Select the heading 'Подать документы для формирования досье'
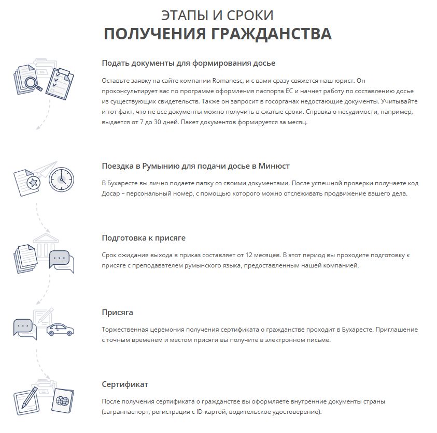189,63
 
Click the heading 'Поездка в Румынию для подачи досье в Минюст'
195,166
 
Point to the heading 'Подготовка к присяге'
144,238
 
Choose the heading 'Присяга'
117,312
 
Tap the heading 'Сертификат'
125,384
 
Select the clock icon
62,179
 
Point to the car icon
60,330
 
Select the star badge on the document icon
33,182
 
